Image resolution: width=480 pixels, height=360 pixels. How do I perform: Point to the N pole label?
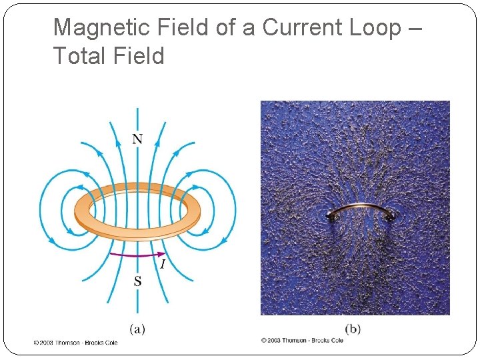(137, 139)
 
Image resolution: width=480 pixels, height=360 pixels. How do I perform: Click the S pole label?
(137, 281)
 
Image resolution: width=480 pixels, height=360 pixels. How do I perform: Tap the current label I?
(161, 265)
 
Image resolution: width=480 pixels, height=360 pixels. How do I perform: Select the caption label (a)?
(137, 328)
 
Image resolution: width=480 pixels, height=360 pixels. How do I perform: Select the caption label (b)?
(353, 328)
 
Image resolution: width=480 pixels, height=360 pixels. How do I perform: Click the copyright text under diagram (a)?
(75, 342)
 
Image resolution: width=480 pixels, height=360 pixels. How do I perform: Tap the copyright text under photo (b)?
(302, 340)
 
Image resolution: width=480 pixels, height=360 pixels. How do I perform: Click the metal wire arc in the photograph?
(362, 206)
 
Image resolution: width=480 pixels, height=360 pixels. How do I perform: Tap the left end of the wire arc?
(331, 216)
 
